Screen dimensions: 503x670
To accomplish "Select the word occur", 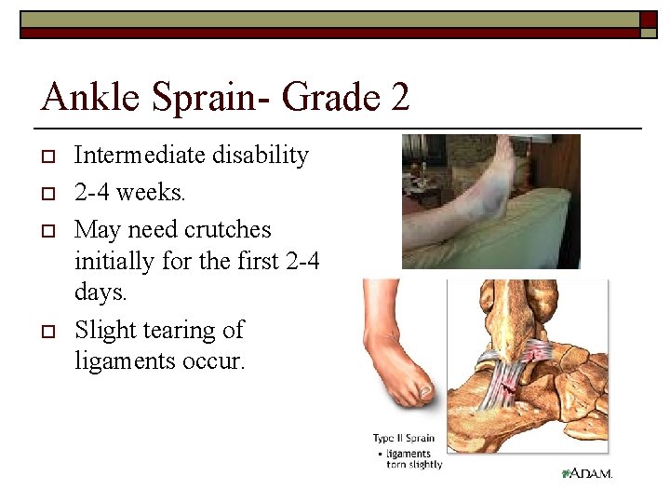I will pyautogui.click(x=217, y=360).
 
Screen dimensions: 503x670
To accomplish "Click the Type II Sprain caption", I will pyautogui.click(x=403, y=439).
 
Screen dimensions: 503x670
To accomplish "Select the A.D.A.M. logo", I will pyautogui.click(x=587, y=474).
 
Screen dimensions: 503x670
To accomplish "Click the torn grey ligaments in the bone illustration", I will pyautogui.click(x=503, y=373).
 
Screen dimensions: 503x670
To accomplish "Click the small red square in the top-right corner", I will pyautogui.click(x=648, y=19).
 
